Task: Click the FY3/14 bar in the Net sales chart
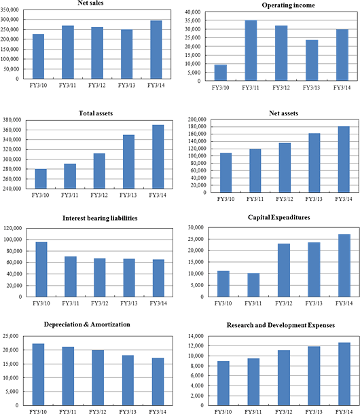click(156, 50)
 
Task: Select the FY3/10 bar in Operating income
click(221, 73)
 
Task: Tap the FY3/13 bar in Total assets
click(128, 162)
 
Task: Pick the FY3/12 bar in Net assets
click(285, 168)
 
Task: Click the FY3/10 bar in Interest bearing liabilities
click(41, 269)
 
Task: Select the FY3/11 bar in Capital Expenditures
click(253, 285)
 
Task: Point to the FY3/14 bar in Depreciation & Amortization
click(158, 381)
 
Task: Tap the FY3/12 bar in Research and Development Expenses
click(284, 378)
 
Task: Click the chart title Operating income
click(289, 5)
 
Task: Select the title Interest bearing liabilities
click(100, 218)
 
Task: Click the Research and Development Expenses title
click(281, 325)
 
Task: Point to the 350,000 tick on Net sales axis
click(10, 10)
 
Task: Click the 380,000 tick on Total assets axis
click(12, 120)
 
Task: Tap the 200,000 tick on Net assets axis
click(197, 119)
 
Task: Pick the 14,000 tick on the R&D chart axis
click(196, 336)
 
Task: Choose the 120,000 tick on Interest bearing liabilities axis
click(13, 228)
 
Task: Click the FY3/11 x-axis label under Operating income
click(251, 88)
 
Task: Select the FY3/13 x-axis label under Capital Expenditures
click(314, 303)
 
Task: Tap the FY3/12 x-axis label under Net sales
click(96, 86)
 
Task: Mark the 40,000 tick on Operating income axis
click(193, 12)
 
